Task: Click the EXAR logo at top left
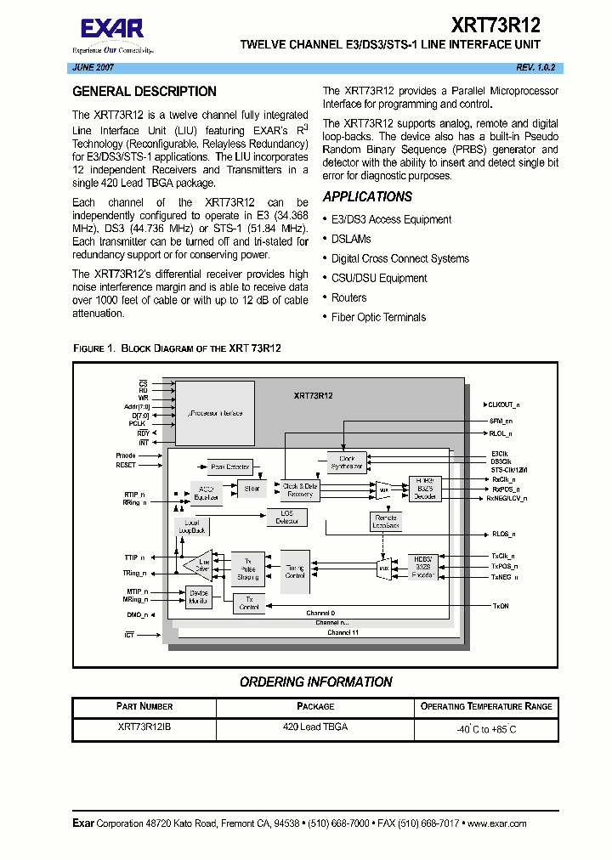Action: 111,30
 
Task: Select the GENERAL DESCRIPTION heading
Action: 144,92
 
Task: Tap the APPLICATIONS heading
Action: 367,196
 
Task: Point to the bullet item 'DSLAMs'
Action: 351,239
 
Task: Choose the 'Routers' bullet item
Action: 348,297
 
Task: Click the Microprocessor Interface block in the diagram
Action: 214,413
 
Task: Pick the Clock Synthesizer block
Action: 347,462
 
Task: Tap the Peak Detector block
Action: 229,467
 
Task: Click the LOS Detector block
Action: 287,517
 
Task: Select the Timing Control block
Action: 295,571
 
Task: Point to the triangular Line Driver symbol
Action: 198,565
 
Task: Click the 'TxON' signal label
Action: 501,606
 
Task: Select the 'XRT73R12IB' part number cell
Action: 144,727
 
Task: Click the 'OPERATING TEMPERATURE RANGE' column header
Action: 486,706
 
